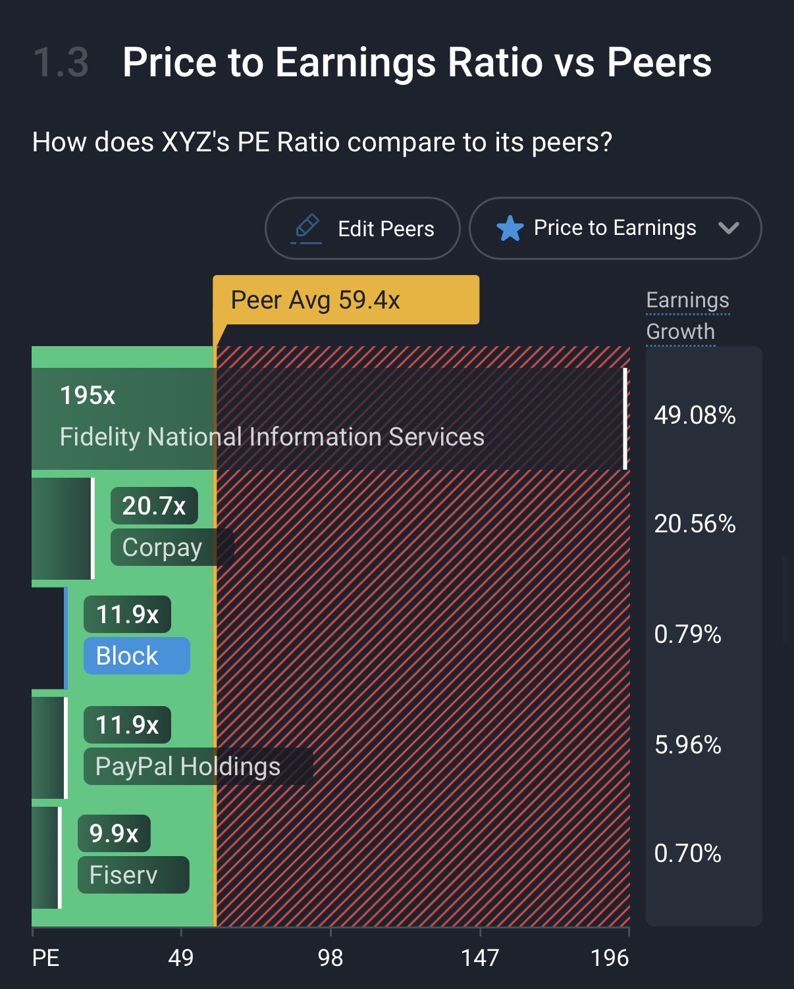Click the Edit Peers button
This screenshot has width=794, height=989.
pyautogui.click(x=362, y=228)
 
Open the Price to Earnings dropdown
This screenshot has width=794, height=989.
pyautogui.click(x=615, y=228)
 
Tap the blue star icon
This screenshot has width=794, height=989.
pyautogui.click(x=510, y=228)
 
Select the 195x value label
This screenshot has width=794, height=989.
pyautogui.click(x=88, y=395)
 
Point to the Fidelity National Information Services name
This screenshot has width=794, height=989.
pyautogui.click(x=272, y=437)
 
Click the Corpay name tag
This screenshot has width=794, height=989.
pyautogui.click(x=163, y=547)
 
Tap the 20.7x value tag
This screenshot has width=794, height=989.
pyautogui.click(x=154, y=506)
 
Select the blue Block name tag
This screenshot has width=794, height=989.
pyautogui.click(x=136, y=656)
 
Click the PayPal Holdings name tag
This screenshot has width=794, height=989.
pyautogui.click(x=188, y=767)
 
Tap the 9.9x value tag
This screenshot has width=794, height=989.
pyautogui.click(x=114, y=834)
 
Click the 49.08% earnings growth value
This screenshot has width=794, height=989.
pyautogui.click(x=695, y=415)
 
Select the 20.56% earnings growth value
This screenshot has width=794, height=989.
pyautogui.click(x=695, y=524)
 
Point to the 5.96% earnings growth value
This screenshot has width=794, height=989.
pyautogui.click(x=687, y=745)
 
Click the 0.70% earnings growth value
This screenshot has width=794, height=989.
pyautogui.click(x=687, y=853)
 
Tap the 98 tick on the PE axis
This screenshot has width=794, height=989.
pyautogui.click(x=331, y=957)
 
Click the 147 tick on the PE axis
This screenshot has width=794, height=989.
pyautogui.click(x=480, y=957)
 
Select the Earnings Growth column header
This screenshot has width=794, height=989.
pyautogui.click(x=687, y=316)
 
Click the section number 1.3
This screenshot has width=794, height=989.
pyautogui.click(x=61, y=63)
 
